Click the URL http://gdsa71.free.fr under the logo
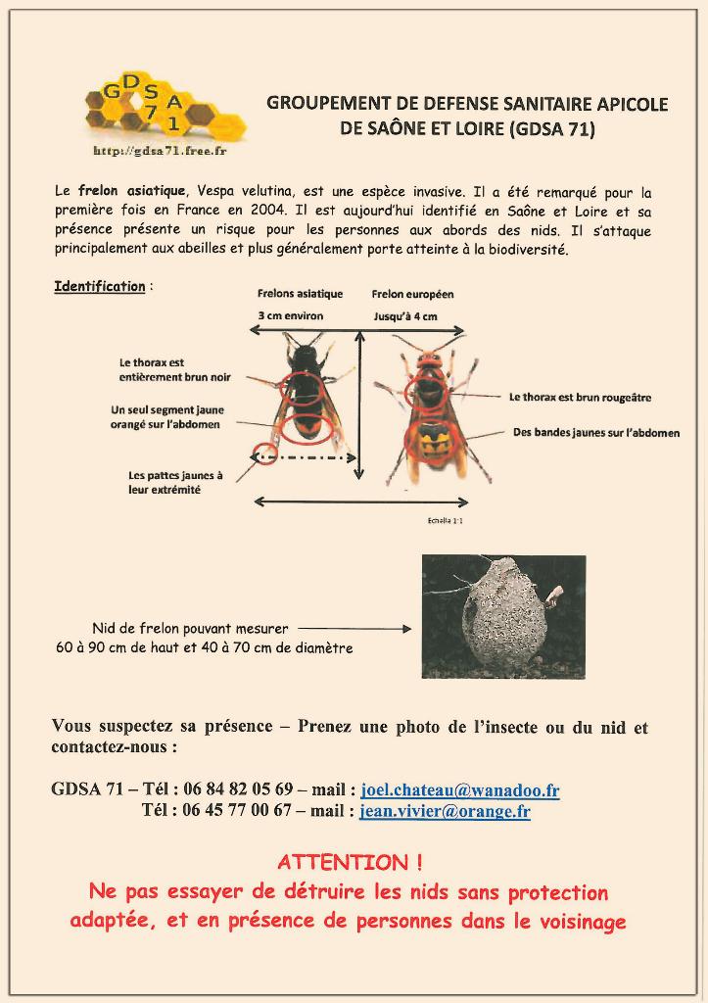click(160, 152)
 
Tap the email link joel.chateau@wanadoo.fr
click(460, 789)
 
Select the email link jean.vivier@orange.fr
click(446, 810)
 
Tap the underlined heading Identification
click(100, 286)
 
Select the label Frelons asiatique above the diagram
click(300, 293)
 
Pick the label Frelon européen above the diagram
click(412, 293)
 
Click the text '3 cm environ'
click(291, 315)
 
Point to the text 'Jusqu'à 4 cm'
click(404, 315)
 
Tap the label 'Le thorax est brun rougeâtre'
click(580, 398)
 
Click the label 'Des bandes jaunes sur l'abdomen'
click(595, 432)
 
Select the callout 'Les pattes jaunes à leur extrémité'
click(175, 482)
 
